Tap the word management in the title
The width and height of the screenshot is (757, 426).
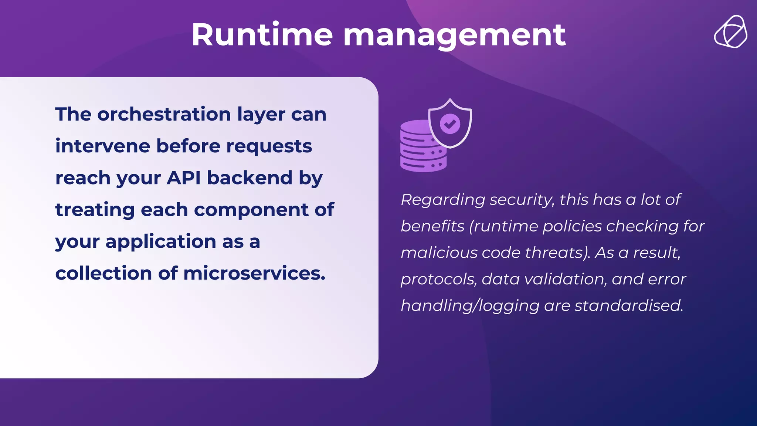click(454, 35)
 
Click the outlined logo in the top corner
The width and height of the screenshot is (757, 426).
click(730, 32)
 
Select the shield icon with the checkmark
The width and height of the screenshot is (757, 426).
click(450, 124)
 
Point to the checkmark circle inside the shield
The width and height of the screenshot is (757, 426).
click(450, 124)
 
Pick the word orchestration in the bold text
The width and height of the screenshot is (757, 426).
click(164, 114)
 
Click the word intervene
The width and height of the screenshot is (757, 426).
click(102, 146)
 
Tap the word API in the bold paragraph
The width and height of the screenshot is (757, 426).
click(184, 178)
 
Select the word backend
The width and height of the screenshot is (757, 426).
click(250, 178)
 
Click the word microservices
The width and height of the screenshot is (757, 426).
click(254, 273)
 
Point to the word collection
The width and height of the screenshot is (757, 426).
click(103, 273)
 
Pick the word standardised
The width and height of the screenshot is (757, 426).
click(629, 306)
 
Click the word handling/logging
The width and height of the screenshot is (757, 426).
click(470, 306)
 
